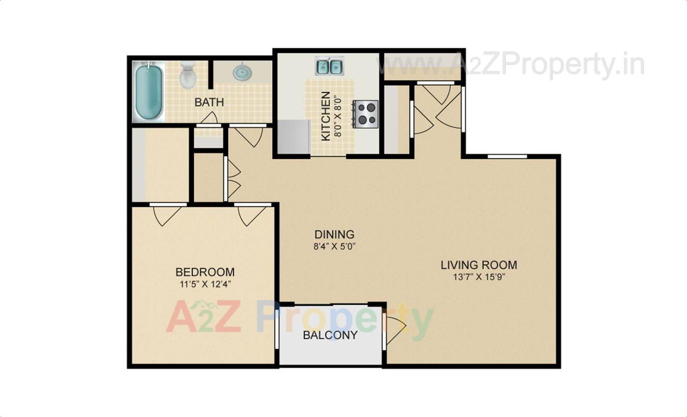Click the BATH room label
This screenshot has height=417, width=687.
pyautogui.click(x=209, y=102)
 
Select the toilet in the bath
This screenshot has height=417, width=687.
pyautogui.click(x=188, y=76)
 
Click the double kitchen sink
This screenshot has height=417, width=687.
pyautogui.click(x=330, y=66)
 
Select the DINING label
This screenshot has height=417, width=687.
pyautogui.click(x=334, y=234)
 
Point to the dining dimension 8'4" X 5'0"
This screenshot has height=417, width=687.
pyautogui.click(x=334, y=247)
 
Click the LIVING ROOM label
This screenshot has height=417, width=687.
pyautogui.click(x=479, y=265)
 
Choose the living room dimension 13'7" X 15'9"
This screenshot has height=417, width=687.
pyautogui.click(x=479, y=277)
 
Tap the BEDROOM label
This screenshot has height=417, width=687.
pyautogui.click(x=205, y=272)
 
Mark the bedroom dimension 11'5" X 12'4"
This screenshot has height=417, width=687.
pyautogui.click(x=205, y=284)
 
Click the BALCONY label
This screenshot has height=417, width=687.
pyautogui.click(x=330, y=336)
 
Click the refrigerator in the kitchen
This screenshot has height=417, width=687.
pyautogui.click(x=293, y=137)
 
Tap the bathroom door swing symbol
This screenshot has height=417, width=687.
pyautogui.click(x=209, y=118)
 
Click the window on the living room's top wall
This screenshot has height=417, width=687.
pyautogui.click(x=507, y=157)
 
